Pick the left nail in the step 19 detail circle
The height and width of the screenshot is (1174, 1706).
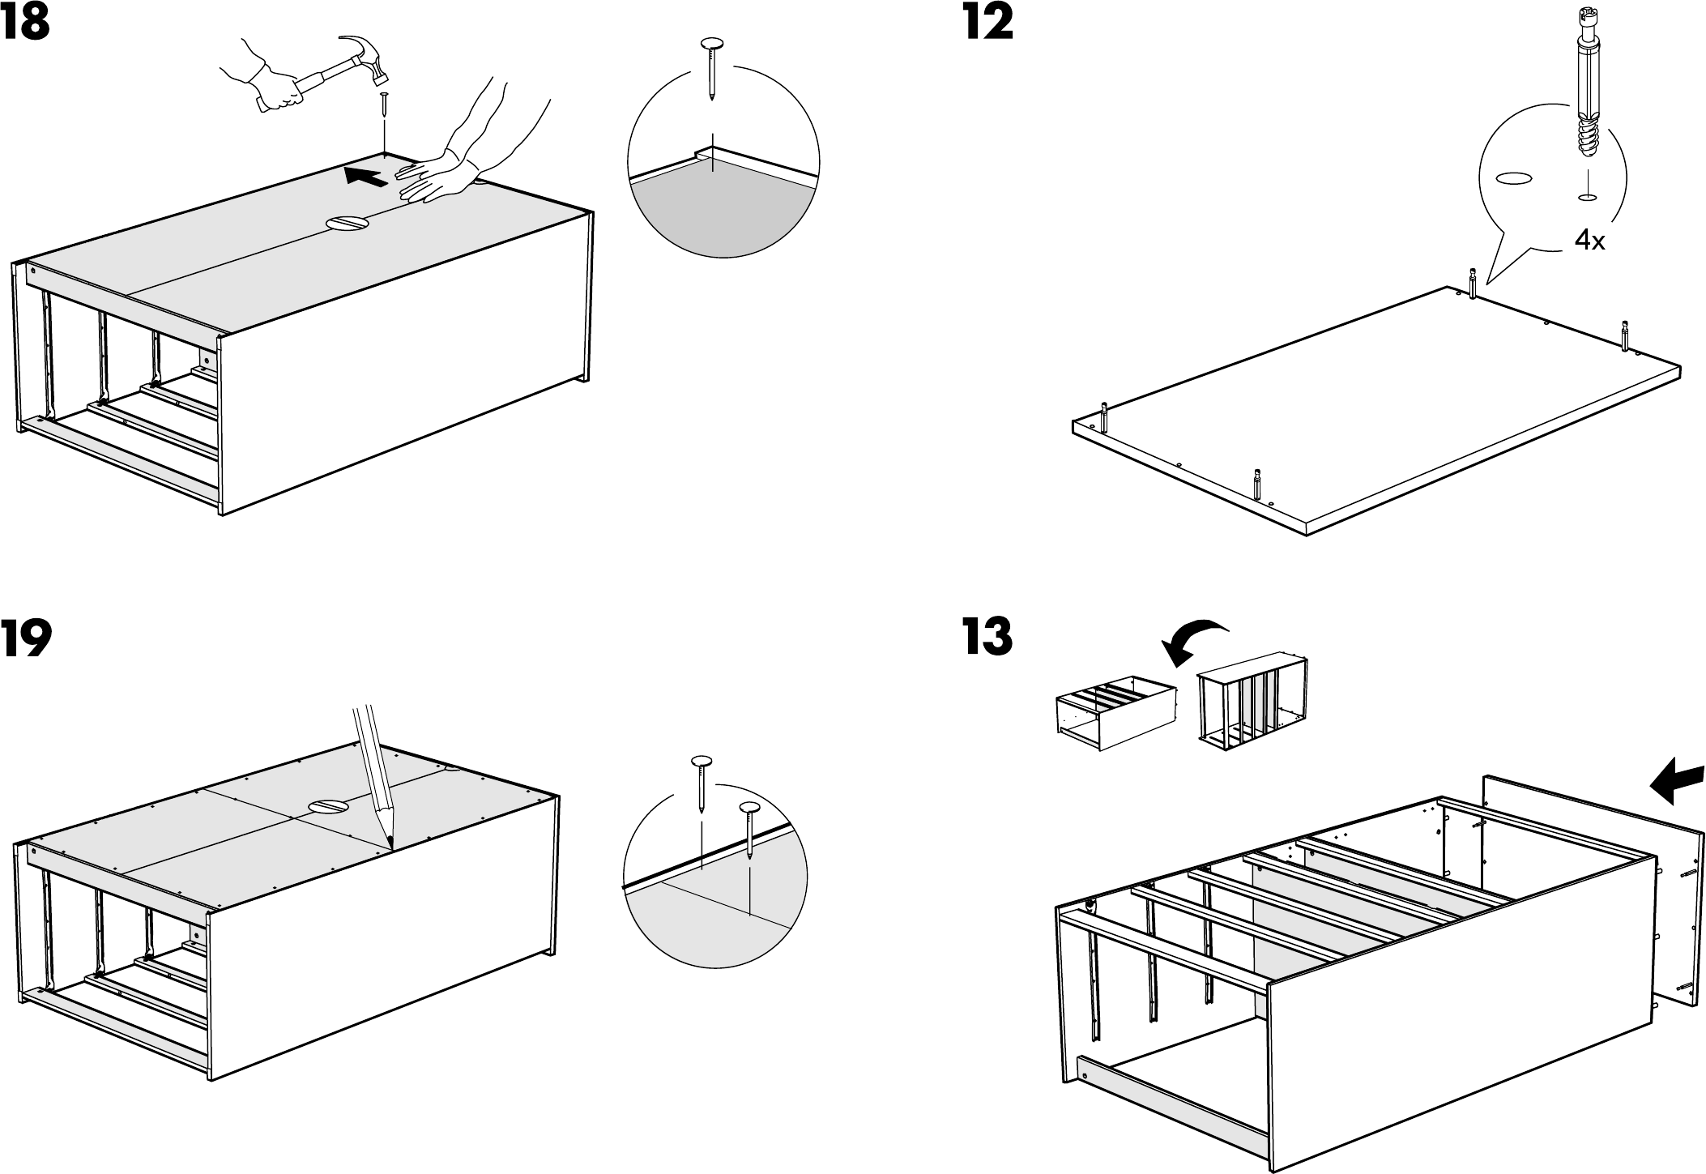[x=702, y=782]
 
